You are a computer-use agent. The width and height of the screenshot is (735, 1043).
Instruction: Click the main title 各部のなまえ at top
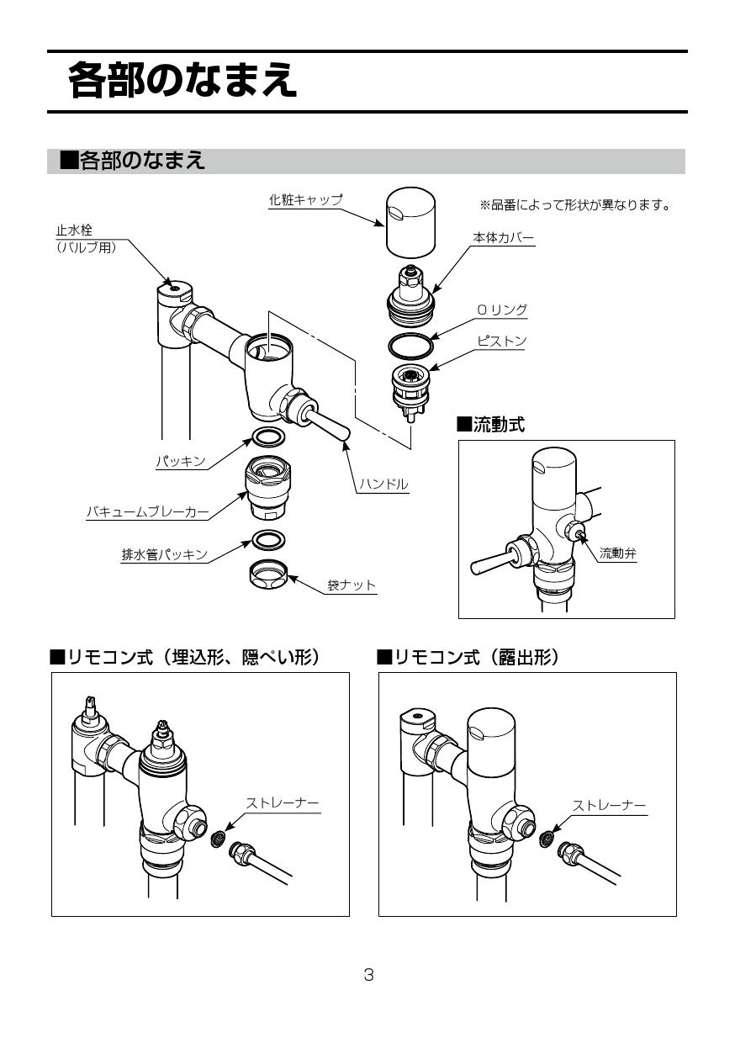point(182,81)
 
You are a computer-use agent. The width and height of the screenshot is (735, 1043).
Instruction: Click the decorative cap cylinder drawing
point(411,220)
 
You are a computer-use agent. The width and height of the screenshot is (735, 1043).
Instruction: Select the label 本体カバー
point(503,238)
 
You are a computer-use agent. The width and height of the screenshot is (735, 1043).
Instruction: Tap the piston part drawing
point(412,389)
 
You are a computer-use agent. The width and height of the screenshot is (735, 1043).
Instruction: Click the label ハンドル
point(383,484)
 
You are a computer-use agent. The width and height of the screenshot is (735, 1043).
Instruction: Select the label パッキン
point(181,462)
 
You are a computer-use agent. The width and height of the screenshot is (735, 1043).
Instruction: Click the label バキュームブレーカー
point(147,511)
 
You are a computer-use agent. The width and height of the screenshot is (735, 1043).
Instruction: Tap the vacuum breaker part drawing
point(268,489)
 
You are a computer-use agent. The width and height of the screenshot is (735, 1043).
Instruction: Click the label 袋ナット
point(351,585)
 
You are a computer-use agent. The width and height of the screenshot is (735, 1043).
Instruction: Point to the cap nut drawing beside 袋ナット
point(268,576)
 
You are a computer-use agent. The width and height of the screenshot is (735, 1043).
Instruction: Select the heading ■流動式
point(490,425)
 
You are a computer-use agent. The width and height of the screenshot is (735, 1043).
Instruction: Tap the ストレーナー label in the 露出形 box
point(609,805)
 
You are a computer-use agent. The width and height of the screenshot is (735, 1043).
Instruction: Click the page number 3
point(367,975)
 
